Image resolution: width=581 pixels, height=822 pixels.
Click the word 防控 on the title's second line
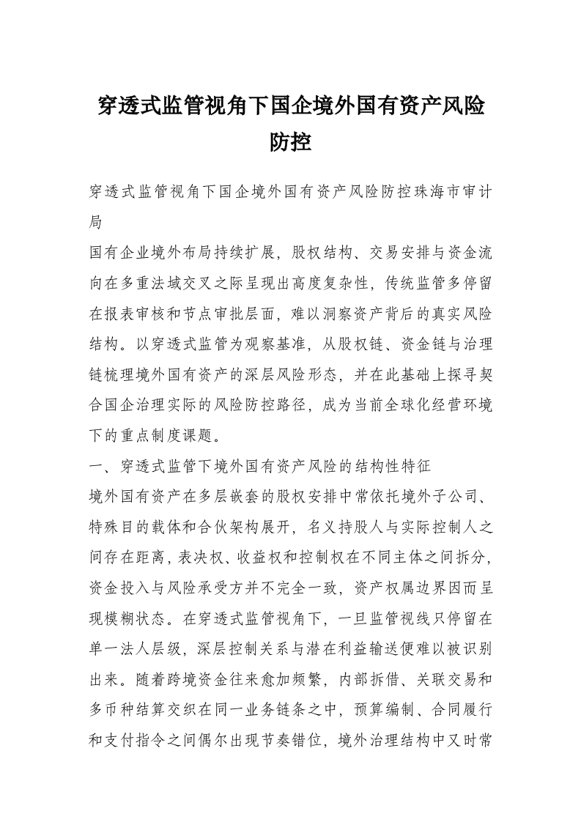(x=290, y=141)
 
